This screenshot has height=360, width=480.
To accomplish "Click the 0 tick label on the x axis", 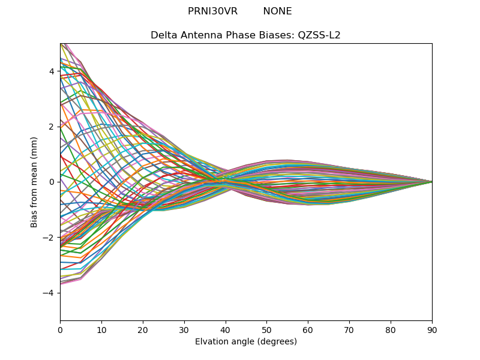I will click(60, 329).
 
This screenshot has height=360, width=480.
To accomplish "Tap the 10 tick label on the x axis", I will click(101, 329).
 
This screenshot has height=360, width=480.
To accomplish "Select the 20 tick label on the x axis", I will click(143, 329).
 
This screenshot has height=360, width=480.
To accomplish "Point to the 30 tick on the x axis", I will click(184, 329).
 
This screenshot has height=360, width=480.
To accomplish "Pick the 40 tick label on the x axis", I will click(226, 329).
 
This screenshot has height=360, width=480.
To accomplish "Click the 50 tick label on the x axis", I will click(266, 329).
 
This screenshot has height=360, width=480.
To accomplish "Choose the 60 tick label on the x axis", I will click(308, 329).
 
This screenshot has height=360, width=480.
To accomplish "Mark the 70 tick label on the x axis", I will click(349, 329).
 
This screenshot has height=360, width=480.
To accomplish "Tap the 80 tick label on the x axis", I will click(391, 329).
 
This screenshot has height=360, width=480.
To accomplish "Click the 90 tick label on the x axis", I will click(432, 329).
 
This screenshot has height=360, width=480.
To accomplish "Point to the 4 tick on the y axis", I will click(52, 71).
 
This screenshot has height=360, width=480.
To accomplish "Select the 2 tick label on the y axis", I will click(52, 127).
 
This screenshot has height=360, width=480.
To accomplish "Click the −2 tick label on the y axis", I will click(49, 238).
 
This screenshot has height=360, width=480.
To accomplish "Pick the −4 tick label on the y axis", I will click(49, 293).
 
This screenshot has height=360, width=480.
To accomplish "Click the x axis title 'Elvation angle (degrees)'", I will click(246, 341).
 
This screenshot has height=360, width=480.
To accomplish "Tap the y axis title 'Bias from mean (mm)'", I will click(34, 182).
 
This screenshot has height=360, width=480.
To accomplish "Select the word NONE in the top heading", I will click(277, 11).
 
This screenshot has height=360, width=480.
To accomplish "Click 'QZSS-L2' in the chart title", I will click(319, 35).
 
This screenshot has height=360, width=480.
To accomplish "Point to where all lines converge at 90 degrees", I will click(432, 182).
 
